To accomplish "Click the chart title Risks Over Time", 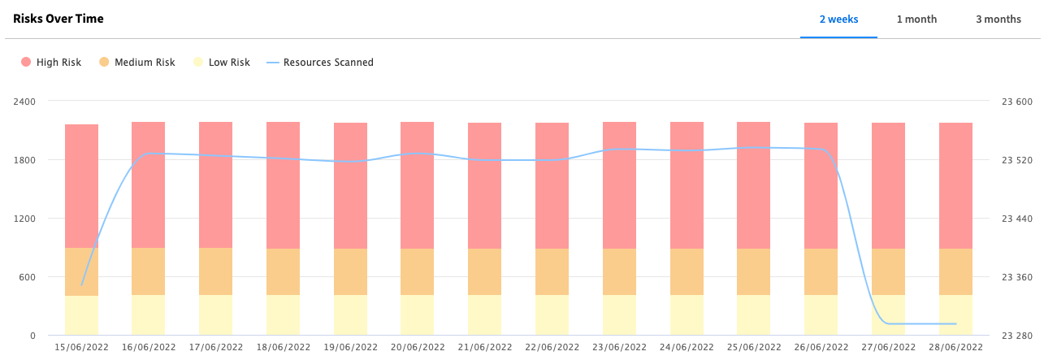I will click(x=58, y=19).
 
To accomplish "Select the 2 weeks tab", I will click(x=838, y=20).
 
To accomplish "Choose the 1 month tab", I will click(x=916, y=20).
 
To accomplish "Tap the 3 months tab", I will click(x=999, y=20).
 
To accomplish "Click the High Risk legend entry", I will click(x=51, y=63).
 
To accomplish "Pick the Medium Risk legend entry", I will click(x=137, y=63).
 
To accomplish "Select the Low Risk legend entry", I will click(x=222, y=63).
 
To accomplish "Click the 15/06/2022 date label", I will click(x=81, y=347).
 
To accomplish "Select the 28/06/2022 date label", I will click(x=955, y=347).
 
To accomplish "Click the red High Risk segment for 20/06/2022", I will click(x=418, y=185).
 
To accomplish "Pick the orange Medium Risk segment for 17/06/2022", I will click(x=216, y=271).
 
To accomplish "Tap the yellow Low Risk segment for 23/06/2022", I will click(x=619, y=315).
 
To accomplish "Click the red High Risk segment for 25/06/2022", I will click(x=753, y=185).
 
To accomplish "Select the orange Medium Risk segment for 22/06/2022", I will click(x=552, y=271).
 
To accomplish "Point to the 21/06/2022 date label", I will click(x=485, y=347).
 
